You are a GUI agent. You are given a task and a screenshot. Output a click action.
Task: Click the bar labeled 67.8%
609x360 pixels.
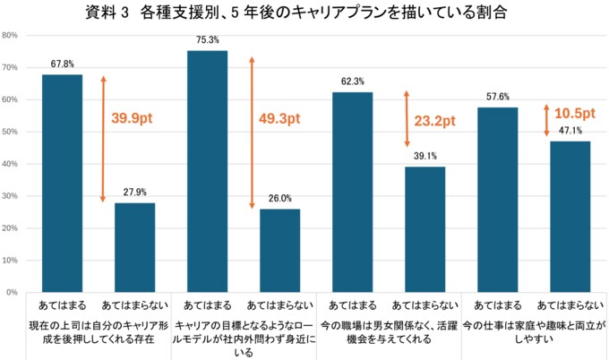[x=62, y=184]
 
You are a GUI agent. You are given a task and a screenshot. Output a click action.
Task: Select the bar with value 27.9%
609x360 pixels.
[x=134, y=247]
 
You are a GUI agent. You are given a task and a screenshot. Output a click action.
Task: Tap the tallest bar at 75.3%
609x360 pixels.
[x=208, y=171]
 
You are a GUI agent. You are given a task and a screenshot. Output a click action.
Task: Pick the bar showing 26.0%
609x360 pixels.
[x=280, y=251]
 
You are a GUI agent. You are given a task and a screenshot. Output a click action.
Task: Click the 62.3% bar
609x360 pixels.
[x=353, y=193]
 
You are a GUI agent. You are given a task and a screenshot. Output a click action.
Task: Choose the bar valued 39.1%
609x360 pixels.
[x=425, y=229]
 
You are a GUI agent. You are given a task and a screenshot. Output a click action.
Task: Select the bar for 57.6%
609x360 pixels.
[x=497, y=200]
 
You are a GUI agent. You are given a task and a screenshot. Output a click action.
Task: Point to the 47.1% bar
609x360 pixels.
[x=570, y=217]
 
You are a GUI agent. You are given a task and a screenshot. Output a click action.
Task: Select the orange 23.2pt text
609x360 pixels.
[x=435, y=120]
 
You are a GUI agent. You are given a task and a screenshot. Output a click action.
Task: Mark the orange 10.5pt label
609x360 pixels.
[x=575, y=114]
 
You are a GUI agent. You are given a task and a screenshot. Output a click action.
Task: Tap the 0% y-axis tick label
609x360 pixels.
[x=13, y=293]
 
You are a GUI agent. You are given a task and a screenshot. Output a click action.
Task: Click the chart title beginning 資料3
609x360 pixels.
[x=304, y=14]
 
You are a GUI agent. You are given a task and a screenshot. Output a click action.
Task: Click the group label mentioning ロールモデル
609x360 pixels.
[x=244, y=333]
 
